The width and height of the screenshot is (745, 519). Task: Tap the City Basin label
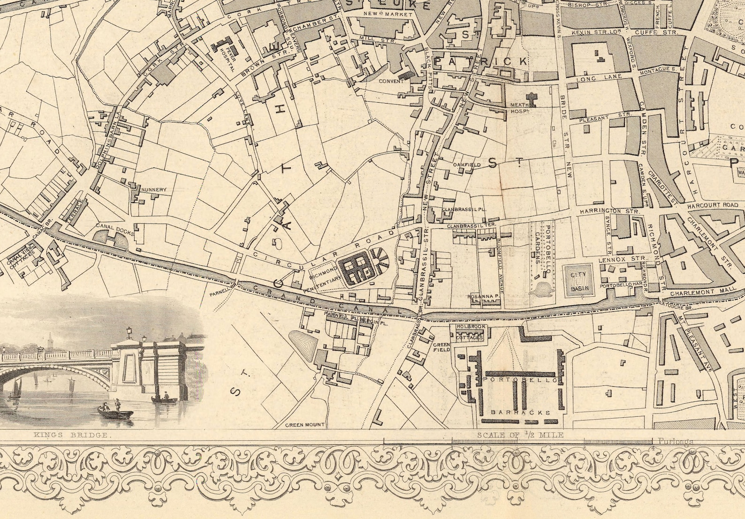point(576,279)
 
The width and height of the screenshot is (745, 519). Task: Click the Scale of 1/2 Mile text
point(520,435)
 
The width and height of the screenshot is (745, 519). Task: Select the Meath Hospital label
point(519,108)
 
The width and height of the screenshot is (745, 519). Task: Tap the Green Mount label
point(305,425)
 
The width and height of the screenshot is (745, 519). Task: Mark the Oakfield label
point(466,165)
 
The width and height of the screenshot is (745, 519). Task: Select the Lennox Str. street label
point(623,259)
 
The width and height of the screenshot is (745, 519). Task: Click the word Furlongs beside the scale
point(675,441)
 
